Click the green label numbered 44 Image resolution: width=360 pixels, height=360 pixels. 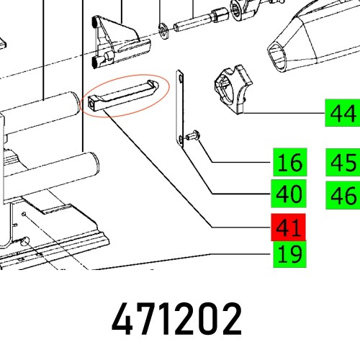coord(343,113)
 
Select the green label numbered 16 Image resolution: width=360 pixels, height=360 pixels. coord(289,163)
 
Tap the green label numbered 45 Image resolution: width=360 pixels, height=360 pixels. coord(343,163)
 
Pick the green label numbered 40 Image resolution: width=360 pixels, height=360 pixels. coord(289,194)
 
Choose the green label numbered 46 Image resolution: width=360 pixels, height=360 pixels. coord(343,194)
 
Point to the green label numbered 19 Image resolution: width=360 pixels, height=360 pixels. coord(289,253)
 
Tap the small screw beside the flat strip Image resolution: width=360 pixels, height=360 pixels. coord(194,135)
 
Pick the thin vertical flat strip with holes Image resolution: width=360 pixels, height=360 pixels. coord(180,108)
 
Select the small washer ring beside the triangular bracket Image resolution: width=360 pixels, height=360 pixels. coord(165,30)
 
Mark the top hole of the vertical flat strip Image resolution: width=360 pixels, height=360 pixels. coord(180,74)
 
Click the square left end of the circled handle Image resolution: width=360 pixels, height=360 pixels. coord(92,104)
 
